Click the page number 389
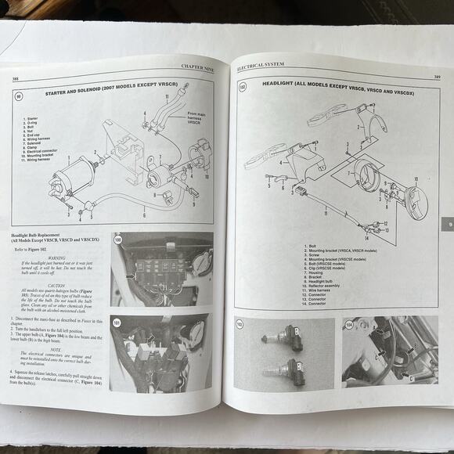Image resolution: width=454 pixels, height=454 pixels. tap(435, 76)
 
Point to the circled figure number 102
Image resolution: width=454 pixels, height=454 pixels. tap(243, 87)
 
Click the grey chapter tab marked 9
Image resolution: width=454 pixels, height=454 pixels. tap(448, 225)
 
